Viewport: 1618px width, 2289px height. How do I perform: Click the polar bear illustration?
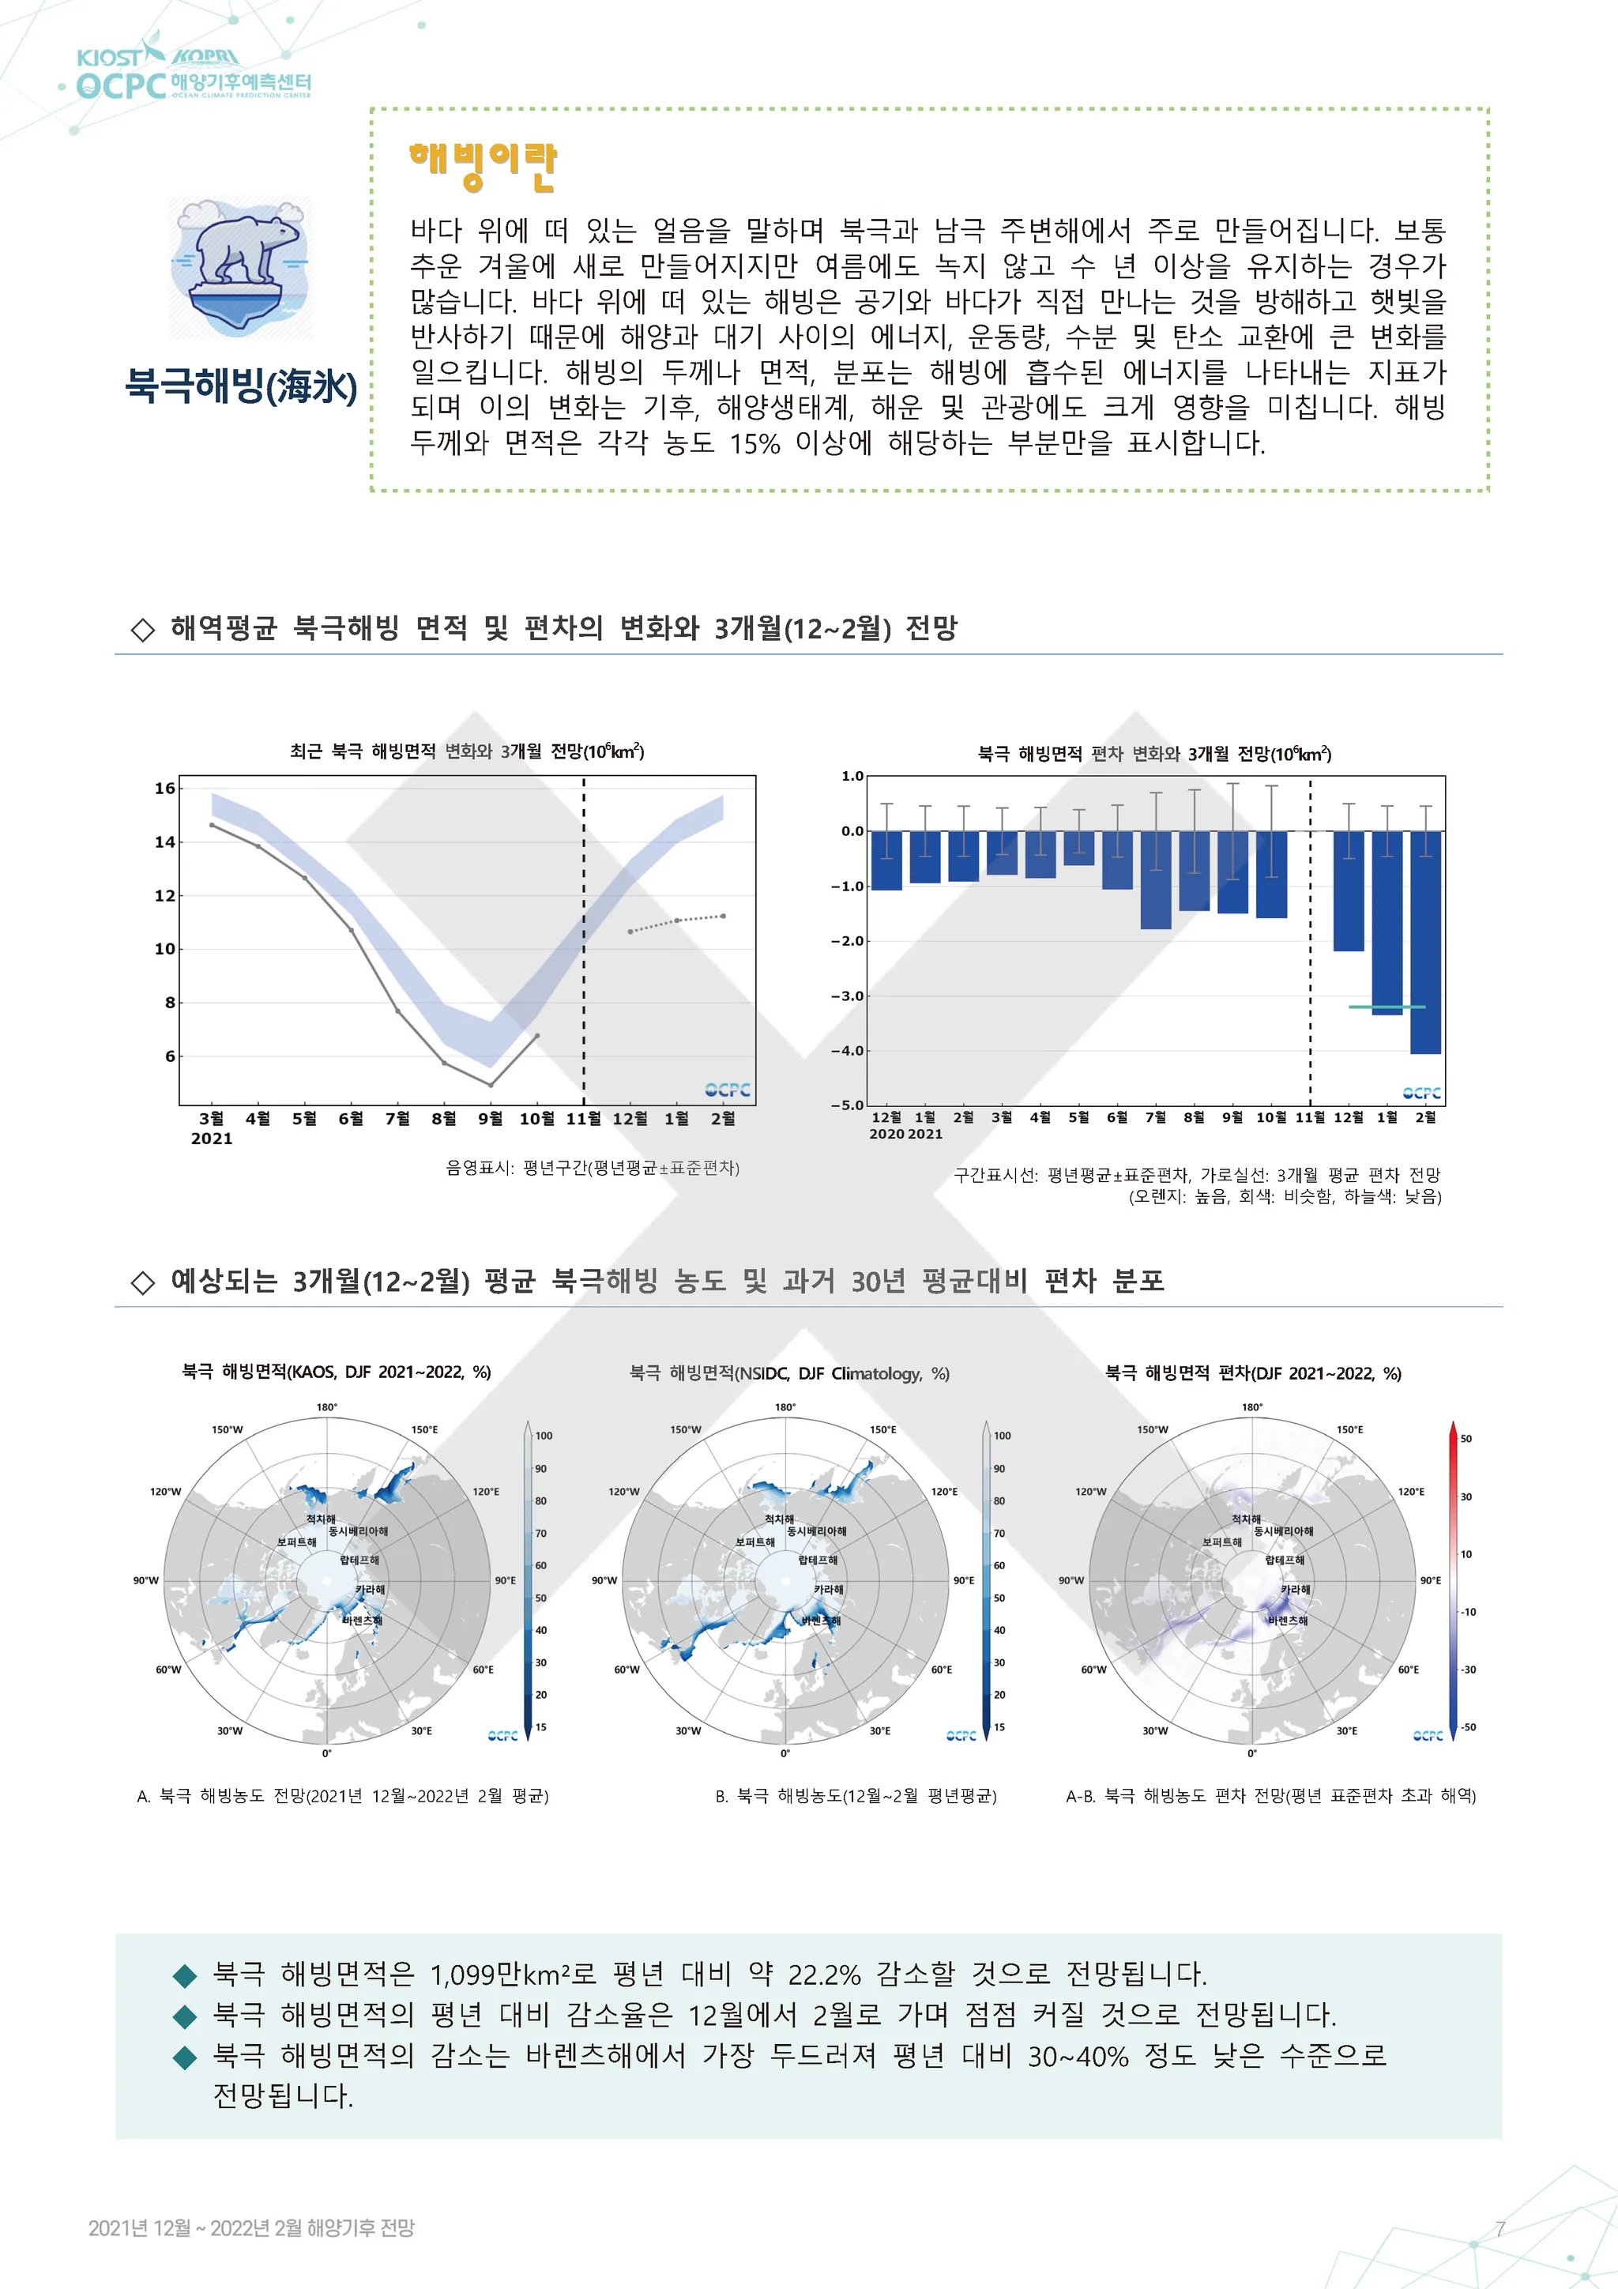pos(239,266)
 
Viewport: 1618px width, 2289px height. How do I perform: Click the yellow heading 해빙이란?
pos(483,164)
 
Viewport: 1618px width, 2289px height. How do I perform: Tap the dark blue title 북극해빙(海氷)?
pos(240,386)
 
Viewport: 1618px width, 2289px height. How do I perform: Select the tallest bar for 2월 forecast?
pos(1424,942)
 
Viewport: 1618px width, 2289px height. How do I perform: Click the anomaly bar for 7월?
pos(1155,880)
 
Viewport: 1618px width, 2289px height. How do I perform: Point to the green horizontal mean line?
pos(1387,1007)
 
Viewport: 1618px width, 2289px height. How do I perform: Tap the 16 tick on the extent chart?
pos(164,788)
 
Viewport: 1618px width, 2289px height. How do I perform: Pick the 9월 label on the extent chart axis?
pos(491,1119)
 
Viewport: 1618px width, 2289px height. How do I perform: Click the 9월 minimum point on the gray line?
pos(491,1085)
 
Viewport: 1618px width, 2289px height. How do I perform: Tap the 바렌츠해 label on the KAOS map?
pos(362,1621)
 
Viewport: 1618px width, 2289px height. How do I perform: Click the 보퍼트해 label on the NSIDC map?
pos(754,1542)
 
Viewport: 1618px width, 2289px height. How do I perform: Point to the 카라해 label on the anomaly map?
pos(1296,1589)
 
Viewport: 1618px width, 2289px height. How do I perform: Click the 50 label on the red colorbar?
pos(1466,1439)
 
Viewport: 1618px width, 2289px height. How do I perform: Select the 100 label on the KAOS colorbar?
pos(544,1436)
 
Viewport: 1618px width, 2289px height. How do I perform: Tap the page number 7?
pos(1499,2228)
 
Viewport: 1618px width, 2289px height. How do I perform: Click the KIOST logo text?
pos(109,58)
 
